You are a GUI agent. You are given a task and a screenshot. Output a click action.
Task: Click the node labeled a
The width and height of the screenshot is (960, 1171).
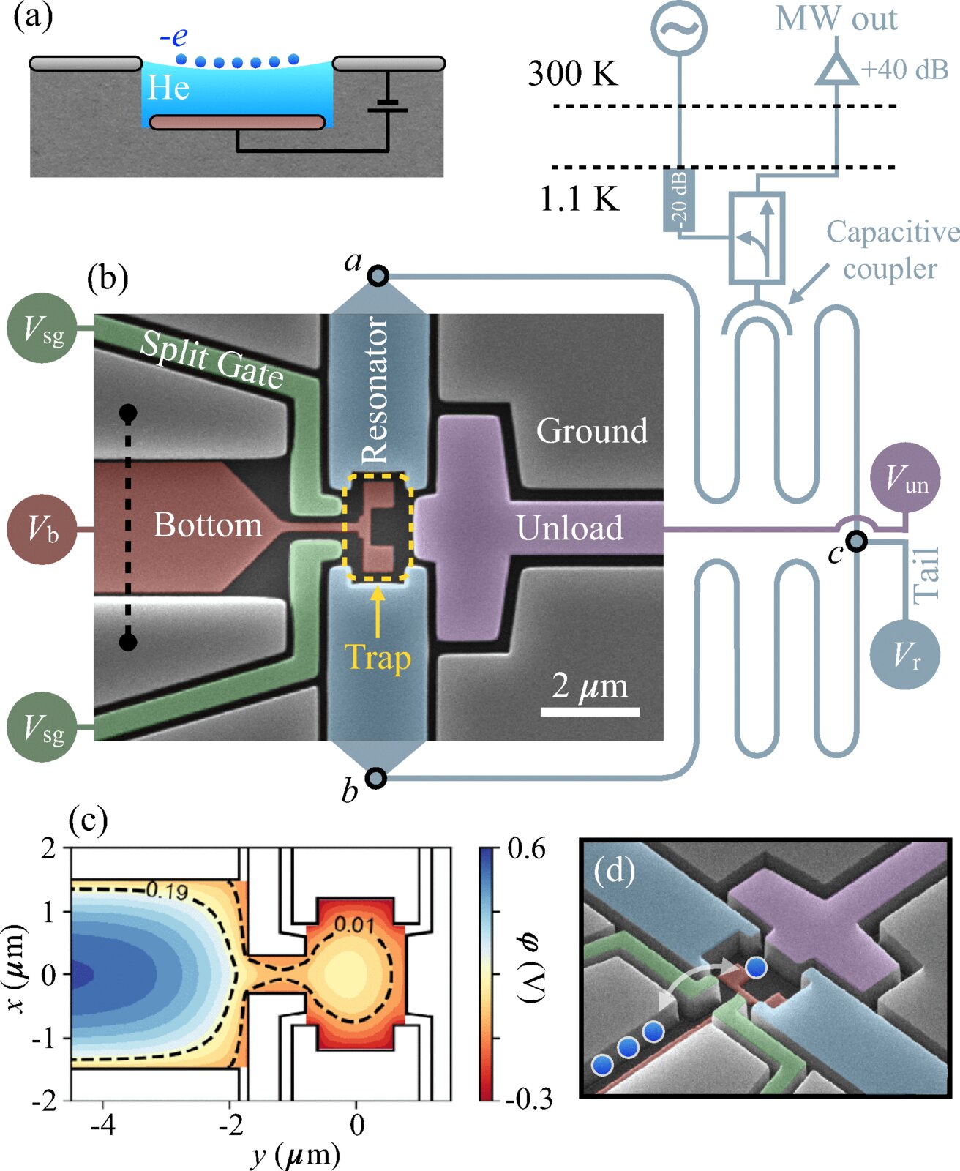coord(378,276)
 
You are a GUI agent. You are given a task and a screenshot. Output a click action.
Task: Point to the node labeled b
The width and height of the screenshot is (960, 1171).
coord(376,778)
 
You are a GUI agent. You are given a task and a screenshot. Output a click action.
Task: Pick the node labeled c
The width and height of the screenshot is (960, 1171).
coord(857,541)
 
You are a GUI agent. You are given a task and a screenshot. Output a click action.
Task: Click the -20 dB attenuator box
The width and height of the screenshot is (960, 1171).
coord(678,201)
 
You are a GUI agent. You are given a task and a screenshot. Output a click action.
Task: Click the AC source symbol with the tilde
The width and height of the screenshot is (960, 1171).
coord(678,27)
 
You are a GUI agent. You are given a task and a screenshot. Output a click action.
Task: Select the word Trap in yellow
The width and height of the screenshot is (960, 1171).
coord(378,656)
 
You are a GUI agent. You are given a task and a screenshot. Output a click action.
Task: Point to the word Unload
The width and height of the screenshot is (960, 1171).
coord(569,528)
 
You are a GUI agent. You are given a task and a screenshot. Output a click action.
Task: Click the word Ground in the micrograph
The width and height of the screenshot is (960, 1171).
coord(592,430)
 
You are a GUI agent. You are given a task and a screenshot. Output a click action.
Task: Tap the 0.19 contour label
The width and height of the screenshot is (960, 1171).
coord(167,891)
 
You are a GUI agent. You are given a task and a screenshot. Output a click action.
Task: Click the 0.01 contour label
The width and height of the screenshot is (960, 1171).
coord(354,925)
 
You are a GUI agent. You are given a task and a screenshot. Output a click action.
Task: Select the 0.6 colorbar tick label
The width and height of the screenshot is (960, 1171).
coord(525,850)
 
